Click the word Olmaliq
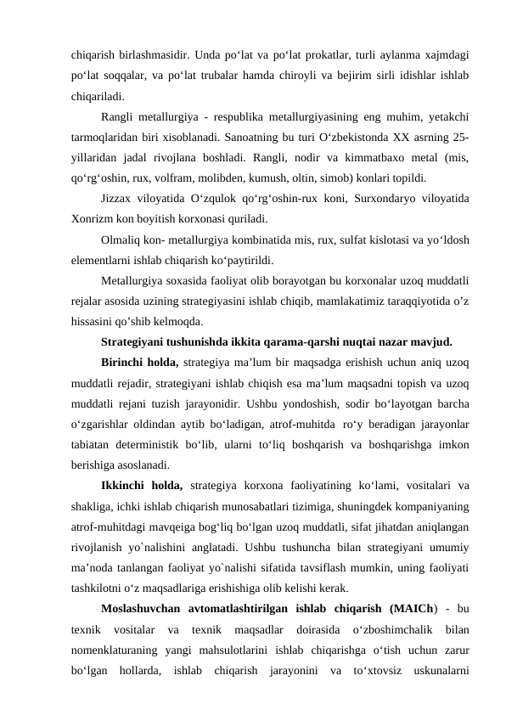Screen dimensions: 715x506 pyautogui.click(x=121, y=239)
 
